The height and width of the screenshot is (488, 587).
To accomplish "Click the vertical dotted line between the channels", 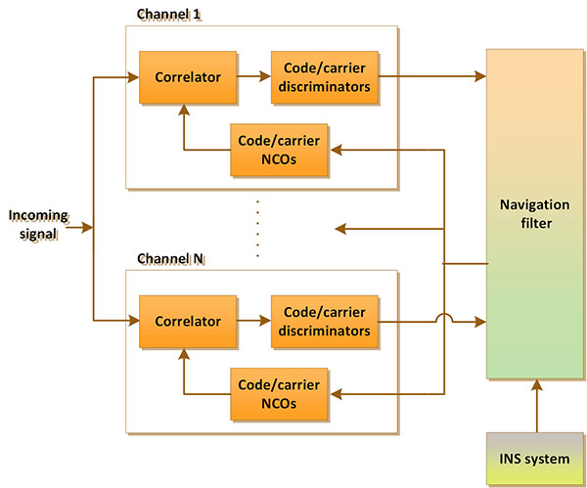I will (256, 227).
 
